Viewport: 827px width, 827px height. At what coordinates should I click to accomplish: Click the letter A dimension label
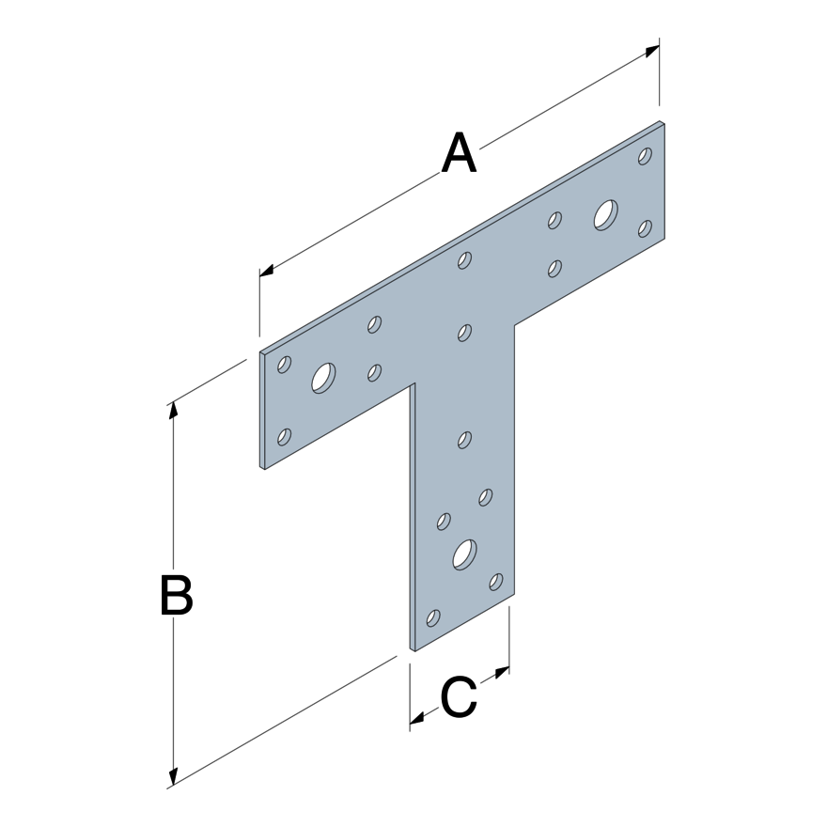[x=460, y=154]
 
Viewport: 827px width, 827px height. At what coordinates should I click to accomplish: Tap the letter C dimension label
[x=460, y=698]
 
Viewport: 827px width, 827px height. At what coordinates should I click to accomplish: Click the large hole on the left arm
[x=324, y=378]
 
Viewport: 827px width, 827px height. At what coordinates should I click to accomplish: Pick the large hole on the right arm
[x=605, y=214]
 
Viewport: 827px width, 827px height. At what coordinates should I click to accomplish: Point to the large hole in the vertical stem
[x=464, y=554]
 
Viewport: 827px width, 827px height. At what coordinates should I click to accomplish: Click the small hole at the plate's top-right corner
[x=645, y=156]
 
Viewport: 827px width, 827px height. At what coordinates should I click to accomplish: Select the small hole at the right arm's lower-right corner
[x=645, y=227]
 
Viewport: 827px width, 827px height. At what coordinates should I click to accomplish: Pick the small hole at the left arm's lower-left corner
[x=285, y=436]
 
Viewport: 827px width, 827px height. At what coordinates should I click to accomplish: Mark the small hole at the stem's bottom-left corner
[x=433, y=617]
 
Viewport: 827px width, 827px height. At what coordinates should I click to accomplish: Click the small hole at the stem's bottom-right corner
[x=496, y=582]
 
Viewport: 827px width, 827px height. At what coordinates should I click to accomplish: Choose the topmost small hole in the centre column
[x=464, y=260]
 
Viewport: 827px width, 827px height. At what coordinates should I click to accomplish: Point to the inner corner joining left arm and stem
[x=412, y=384]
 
